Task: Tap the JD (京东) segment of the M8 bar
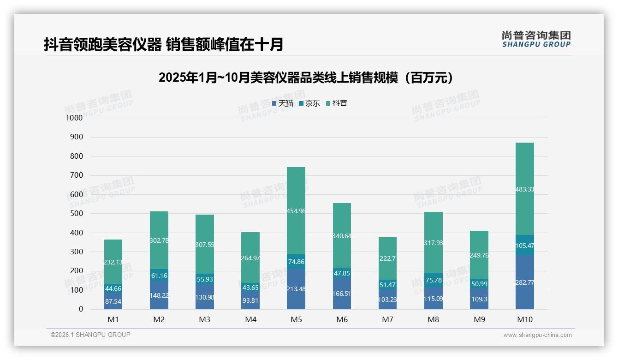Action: pos(433,280)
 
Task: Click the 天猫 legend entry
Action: pos(282,103)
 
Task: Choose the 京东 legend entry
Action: pos(309,103)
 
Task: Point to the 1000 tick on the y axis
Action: pos(74,118)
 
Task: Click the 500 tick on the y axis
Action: pos(76,214)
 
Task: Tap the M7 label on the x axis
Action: pos(387,319)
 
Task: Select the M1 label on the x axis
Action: pos(113,319)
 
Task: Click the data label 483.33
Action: pos(524,189)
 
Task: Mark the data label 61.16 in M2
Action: pos(159,276)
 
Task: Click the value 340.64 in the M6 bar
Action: pos(341,236)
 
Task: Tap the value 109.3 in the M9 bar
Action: pos(479,299)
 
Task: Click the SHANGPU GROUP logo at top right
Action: pos(536,39)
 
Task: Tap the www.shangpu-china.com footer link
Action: pos(537,335)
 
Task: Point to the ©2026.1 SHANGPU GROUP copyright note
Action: pos(90,335)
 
